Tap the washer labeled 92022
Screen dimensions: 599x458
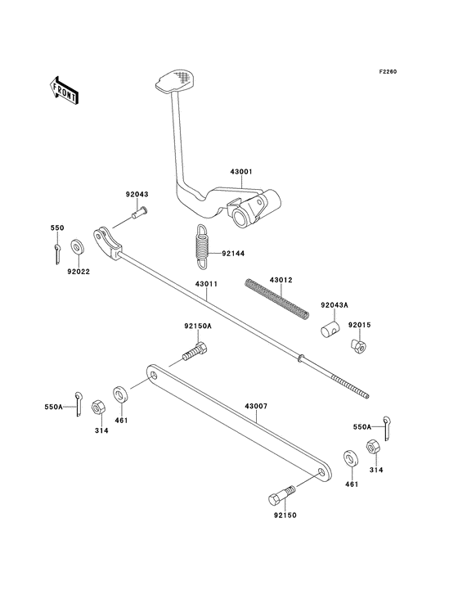tap(76, 245)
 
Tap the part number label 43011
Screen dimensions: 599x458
tap(205, 285)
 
